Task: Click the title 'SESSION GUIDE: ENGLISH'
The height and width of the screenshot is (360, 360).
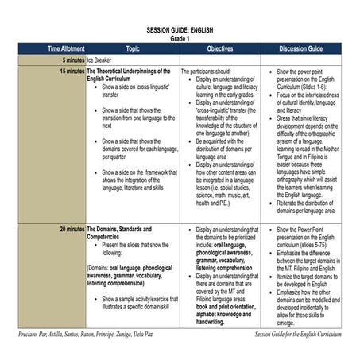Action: pos(180,29)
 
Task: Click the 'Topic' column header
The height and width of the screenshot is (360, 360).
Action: pos(132,48)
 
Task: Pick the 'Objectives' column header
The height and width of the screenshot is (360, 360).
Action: pos(219,48)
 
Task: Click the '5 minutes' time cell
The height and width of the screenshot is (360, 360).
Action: pos(67,60)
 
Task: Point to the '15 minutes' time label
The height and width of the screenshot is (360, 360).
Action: pos(65,72)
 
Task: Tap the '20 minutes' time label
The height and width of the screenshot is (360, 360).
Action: pos(65,229)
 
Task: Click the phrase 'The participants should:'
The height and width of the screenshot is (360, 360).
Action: pos(208,72)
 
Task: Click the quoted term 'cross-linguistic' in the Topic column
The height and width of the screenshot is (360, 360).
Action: pos(150,87)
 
